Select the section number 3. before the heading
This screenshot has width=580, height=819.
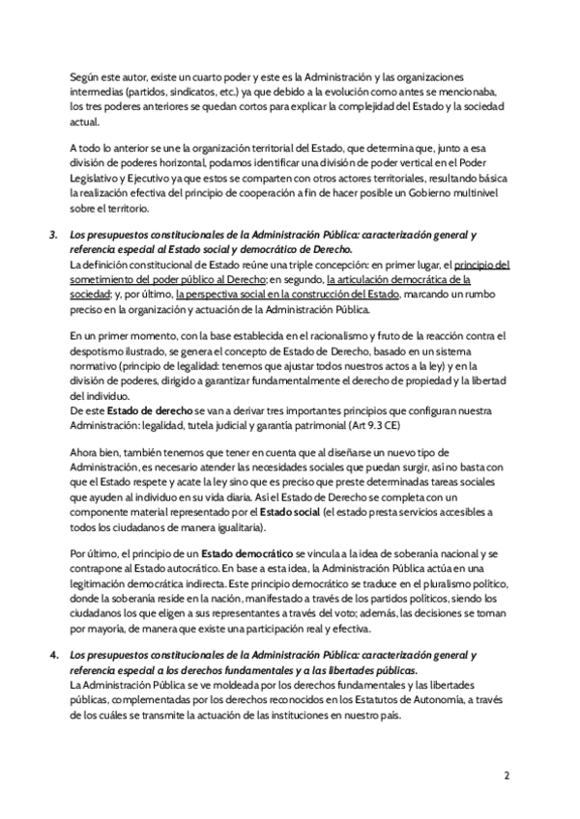(53, 235)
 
